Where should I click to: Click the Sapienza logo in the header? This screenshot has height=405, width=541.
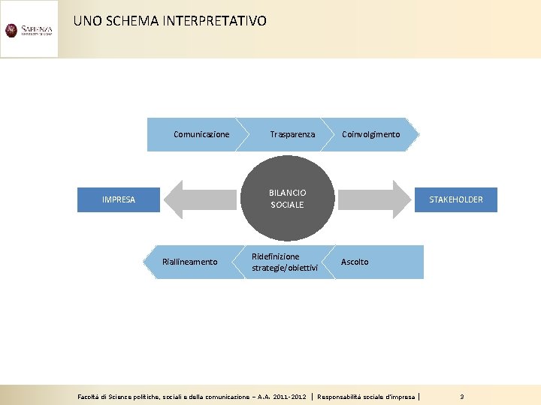click(x=29, y=29)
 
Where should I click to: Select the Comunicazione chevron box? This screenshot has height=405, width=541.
click(x=197, y=134)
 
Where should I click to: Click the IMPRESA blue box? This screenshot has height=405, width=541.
click(x=119, y=199)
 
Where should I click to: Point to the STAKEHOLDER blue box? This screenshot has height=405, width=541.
click(x=456, y=199)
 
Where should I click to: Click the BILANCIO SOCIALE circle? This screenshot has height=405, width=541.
click(x=287, y=198)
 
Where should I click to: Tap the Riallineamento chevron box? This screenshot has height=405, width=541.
click(x=192, y=262)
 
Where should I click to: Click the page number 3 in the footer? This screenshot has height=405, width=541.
click(x=462, y=396)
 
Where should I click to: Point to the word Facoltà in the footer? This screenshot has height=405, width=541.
click(x=91, y=396)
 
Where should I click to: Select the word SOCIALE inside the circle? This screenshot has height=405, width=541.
click(x=287, y=205)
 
